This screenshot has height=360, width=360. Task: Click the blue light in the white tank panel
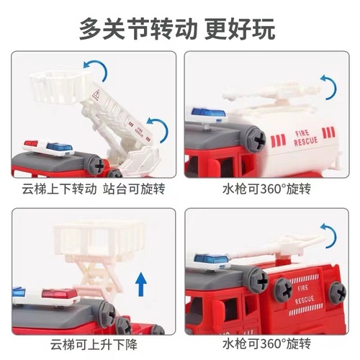tap(203, 112)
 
